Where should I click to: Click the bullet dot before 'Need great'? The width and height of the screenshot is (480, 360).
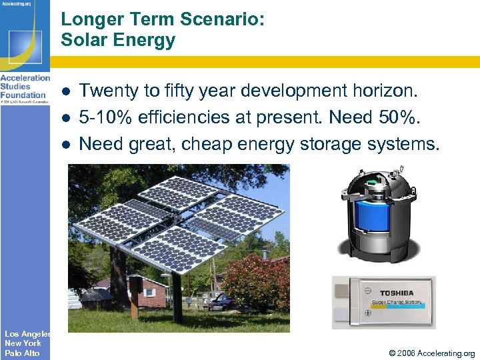pos(67,144)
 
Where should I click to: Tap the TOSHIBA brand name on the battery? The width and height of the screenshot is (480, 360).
pos(397,293)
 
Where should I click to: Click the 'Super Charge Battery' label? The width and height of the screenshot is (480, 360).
pos(397,302)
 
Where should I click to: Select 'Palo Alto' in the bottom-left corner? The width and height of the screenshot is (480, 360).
pos(22,353)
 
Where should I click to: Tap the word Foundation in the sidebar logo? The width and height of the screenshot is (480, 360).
pos(23,95)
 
